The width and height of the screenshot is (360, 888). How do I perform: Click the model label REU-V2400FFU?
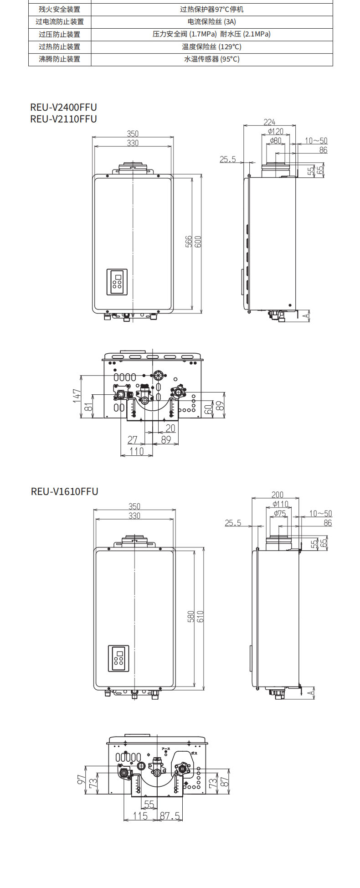point(63,108)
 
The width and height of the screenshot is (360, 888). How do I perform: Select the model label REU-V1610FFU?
point(64,491)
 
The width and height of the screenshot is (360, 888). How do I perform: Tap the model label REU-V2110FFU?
point(63,119)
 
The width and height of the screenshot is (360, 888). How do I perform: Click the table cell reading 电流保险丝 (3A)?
point(211,21)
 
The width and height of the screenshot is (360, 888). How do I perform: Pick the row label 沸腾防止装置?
point(59,59)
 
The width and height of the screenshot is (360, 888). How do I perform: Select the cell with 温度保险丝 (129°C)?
point(211,46)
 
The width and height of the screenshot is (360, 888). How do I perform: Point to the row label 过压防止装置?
point(59,34)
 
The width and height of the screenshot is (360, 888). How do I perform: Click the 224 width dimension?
point(269,122)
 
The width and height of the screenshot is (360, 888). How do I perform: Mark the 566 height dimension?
point(189,242)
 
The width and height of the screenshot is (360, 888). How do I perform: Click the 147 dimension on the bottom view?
point(77,396)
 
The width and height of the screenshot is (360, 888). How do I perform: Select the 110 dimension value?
point(136,451)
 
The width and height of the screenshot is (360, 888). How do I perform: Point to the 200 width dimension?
point(277,495)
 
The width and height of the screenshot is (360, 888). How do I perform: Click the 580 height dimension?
point(191,616)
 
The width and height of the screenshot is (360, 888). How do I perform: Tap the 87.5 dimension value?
point(170,816)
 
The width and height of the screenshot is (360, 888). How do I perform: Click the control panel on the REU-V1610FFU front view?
point(118,658)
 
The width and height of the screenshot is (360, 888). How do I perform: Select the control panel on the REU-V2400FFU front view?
point(117,282)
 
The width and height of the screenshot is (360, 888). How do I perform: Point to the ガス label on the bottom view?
point(194,754)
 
